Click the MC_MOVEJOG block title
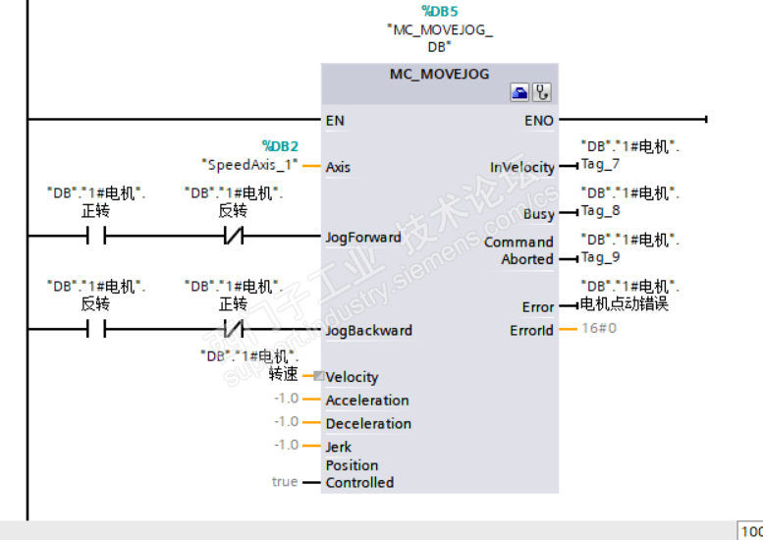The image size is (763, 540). [439, 74]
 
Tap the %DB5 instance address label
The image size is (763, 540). [439, 11]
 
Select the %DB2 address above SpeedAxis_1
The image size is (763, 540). [280, 146]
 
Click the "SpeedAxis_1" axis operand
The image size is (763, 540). [249, 165]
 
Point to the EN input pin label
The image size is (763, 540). [335, 121]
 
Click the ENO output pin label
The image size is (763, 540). [539, 121]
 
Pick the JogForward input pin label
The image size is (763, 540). [363, 238]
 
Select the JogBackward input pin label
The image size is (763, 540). [369, 331]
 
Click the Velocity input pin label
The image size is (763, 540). [352, 377]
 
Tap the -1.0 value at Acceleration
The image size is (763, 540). [286, 399]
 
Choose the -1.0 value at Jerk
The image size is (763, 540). [286, 445]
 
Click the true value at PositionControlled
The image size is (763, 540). [285, 482]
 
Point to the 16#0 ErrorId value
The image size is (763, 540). [599, 328]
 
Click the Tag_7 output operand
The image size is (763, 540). [600, 164]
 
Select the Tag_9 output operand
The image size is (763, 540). [600, 257]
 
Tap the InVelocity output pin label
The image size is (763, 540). [522, 167]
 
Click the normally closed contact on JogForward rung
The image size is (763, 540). [234, 236]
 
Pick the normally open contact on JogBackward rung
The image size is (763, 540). [96, 329]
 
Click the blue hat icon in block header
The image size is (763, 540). [519, 92]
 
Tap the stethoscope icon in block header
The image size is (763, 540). [542, 92]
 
